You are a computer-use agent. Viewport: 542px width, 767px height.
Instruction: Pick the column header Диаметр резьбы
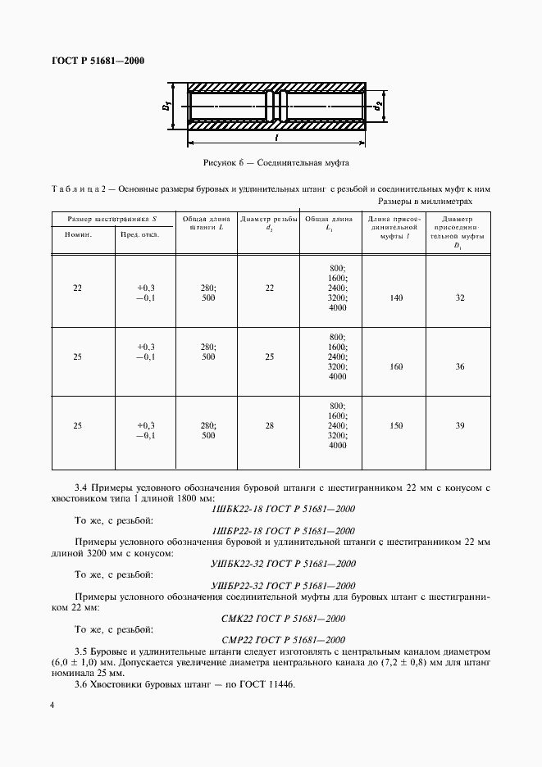tap(268, 223)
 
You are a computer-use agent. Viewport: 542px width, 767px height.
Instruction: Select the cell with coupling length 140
tap(396, 298)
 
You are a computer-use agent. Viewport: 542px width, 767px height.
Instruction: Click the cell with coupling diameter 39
tap(459, 426)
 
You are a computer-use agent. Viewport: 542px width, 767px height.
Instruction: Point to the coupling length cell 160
tap(396, 366)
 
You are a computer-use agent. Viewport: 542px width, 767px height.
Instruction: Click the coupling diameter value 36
tap(459, 366)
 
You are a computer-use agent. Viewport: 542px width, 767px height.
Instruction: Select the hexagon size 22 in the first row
tap(77, 288)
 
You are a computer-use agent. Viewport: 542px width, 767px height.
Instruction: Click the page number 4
tap(52, 706)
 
